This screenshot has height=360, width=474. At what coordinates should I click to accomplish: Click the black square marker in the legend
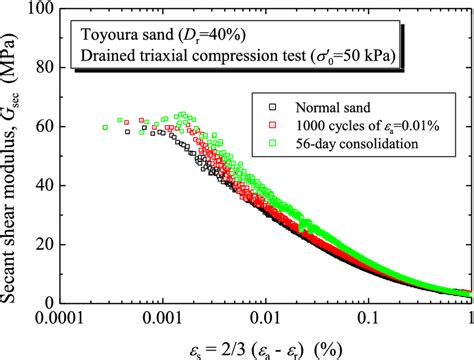[x=271, y=104]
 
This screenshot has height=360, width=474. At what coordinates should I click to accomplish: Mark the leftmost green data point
[x=106, y=126]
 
